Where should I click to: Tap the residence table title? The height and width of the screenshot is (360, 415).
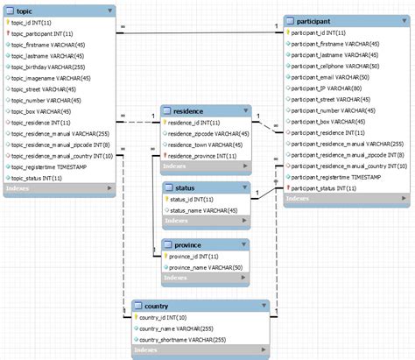tap(189, 111)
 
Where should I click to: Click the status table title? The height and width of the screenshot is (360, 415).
tap(184, 187)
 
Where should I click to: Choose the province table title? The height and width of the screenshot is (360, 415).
tap(189, 244)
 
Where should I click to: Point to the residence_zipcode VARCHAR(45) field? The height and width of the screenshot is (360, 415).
tap(208, 134)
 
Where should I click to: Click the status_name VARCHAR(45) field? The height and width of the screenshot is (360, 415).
tap(203, 210)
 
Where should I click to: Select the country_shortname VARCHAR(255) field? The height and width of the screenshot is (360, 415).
tap(184, 339)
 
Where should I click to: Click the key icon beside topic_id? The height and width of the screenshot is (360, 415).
tap(8, 23)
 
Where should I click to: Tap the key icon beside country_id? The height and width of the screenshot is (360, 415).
tap(137, 317)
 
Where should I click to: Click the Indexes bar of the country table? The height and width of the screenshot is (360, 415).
tap(200, 351)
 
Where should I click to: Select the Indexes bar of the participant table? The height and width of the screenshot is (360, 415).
tap(345, 199)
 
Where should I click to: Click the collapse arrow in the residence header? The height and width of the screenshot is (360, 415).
tap(246, 112)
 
